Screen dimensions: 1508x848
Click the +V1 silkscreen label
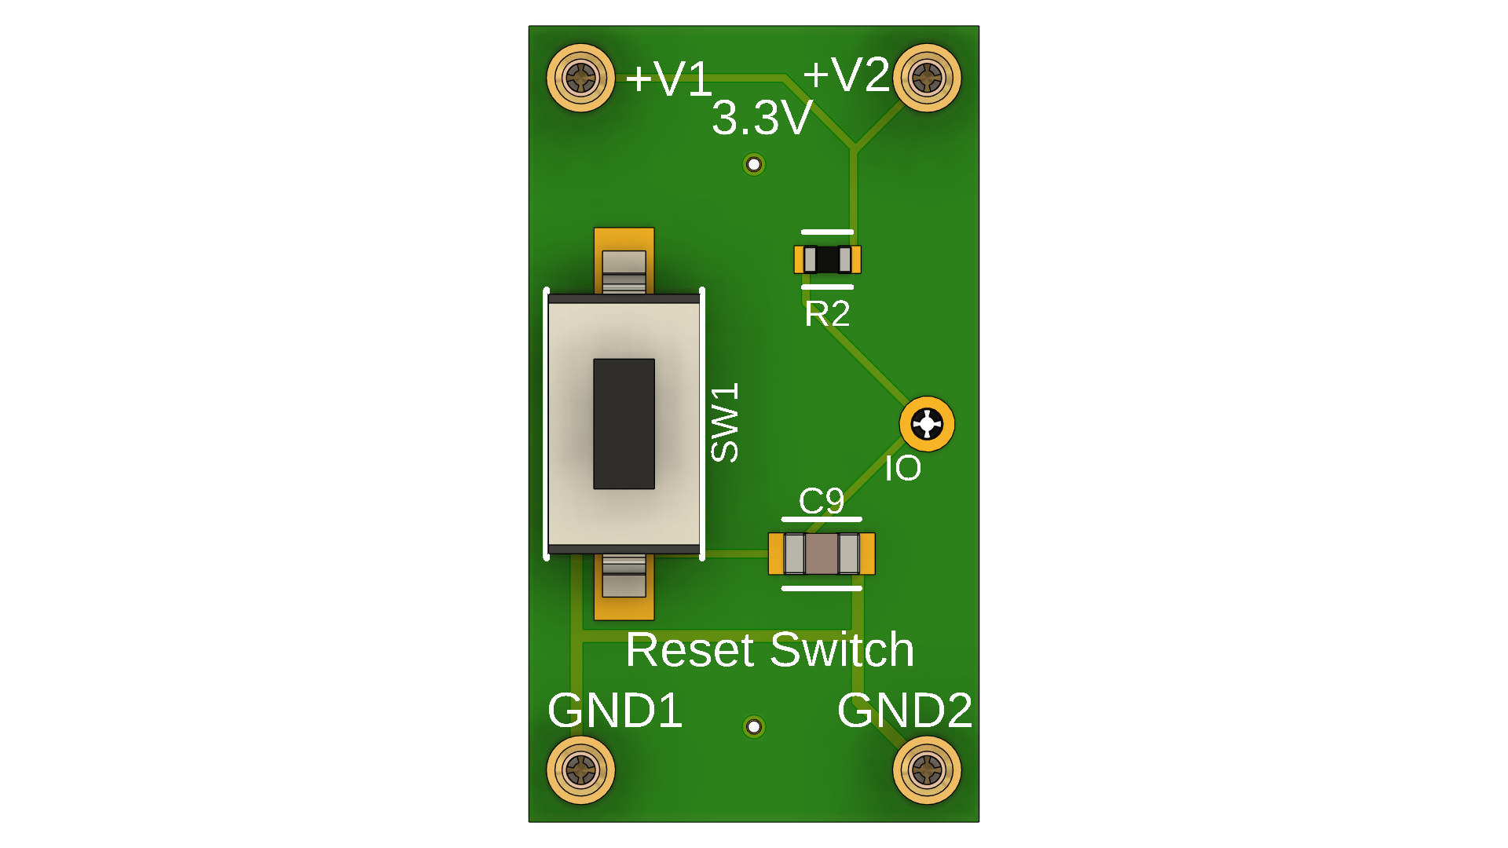coord(668,79)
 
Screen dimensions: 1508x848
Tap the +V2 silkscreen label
coord(846,75)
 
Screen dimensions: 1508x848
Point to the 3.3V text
coord(762,119)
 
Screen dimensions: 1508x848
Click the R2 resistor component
coord(827,259)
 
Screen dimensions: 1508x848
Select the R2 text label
coord(827,314)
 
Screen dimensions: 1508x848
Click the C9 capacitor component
coord(822,554)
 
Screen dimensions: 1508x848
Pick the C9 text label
coord(822,501)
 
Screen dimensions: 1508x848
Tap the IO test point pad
coord(927,424)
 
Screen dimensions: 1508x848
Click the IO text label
coord(903,469)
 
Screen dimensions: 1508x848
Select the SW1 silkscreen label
coord(724,422)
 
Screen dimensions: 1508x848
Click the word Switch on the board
coord(842,650)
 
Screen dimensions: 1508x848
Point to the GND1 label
coord(615,711)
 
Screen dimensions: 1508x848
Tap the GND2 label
coord(905,711)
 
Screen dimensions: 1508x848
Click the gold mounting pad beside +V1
coord(580,78)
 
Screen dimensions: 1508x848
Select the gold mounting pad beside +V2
coord(927,78)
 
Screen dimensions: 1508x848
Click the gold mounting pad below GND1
coord(580,770)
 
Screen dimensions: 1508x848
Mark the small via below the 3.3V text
coord(754,165)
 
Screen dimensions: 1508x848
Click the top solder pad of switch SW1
coord(624,260)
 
